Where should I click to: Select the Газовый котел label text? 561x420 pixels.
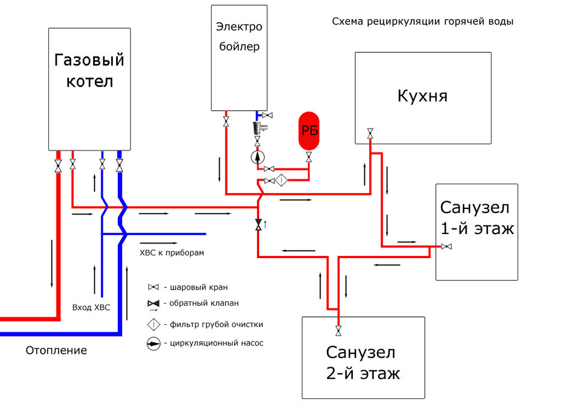point(89,70)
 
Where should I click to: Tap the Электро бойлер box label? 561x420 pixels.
point(238,36)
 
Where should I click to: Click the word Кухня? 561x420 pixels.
point(422,96)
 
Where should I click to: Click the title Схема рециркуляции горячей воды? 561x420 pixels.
point(422,22)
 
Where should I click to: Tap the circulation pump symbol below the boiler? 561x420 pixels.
point(257,156)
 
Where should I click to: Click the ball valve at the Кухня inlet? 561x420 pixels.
point(370,133)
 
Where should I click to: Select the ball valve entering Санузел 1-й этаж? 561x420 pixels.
point(447,246)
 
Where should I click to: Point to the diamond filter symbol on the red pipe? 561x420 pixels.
point(282,180)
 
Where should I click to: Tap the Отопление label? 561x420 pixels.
point(56,351)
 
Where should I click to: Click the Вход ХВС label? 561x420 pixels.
point(91,307)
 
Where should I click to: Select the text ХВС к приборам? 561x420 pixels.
point(172,253)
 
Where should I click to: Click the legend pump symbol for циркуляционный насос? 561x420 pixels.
point(154,343)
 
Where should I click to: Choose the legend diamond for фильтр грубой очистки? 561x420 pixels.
point(154,324)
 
